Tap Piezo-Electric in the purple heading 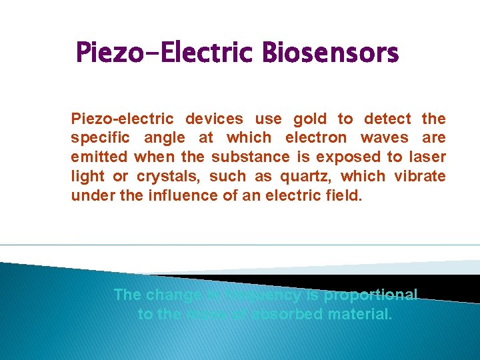[x=167, y=52]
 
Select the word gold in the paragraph [x=310, y=119]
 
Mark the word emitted [x=100, y=157]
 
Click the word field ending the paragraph [x=346, y=195]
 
